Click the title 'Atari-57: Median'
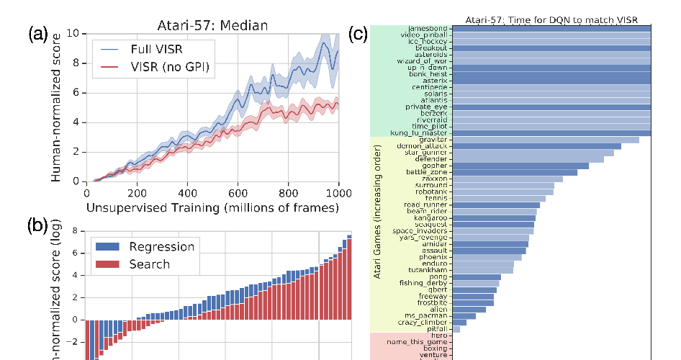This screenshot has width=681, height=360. [212, 26]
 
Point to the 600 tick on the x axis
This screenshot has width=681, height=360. [238, 193]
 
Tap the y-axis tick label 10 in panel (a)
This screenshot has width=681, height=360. [73, 33]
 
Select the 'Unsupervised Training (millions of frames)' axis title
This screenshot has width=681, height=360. [212, 208]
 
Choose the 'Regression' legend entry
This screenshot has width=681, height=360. [161, 247]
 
